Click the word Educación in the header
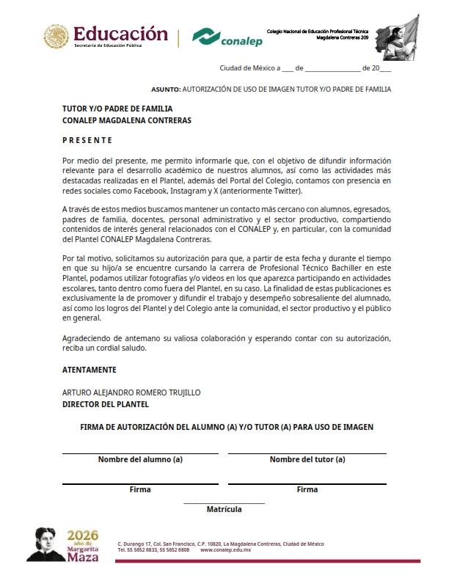pos(121,33)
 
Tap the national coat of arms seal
pos(56,37)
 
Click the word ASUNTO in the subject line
pos(165,89)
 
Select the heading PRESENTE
pos(87,140)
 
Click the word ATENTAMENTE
pos(89,370)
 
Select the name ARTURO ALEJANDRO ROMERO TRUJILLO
pos(131,392)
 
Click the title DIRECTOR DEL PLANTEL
pos(106,404)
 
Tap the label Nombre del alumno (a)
pos(140,460)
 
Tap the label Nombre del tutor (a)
pos(307,460)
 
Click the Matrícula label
pos(224,508)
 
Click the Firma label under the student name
pos(140,489)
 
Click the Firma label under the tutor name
pos(307,489)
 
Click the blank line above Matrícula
pos(224,503)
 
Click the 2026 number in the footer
pos(82,536)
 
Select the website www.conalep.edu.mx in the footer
pos(226,549)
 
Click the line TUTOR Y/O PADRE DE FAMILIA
pos(117,109)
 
